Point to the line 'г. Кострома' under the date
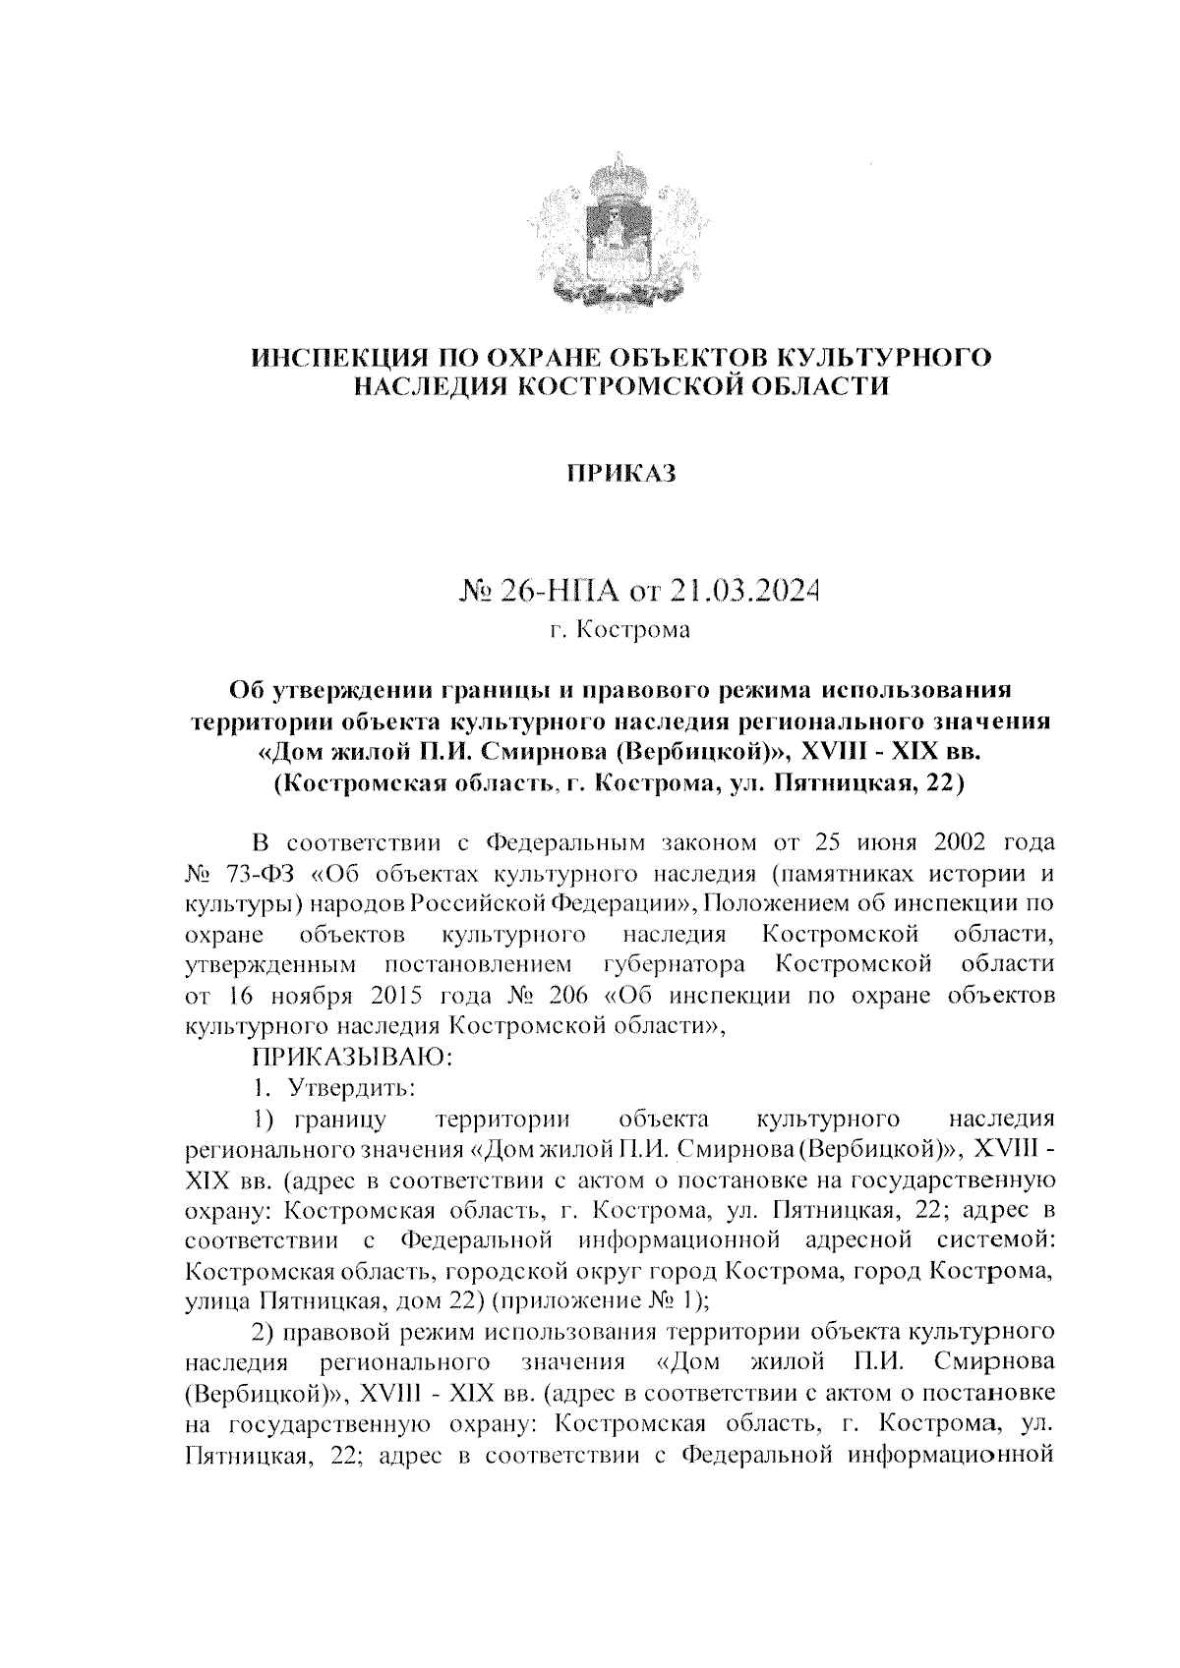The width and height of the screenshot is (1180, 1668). [x=620, y=629]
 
